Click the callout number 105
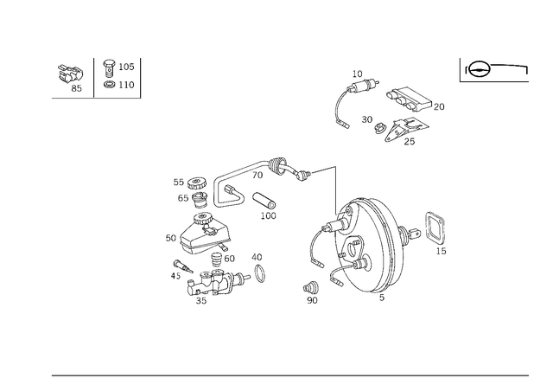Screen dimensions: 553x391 coord(126,67)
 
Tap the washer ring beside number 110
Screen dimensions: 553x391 coord(110,85)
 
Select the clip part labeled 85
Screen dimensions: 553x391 coord(71,74)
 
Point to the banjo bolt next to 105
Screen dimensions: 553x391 coord(109,68)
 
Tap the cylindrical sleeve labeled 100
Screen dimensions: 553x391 coord(264,201)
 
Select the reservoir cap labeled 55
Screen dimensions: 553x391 coord(196,183)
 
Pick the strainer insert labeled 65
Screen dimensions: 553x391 coord(200,201)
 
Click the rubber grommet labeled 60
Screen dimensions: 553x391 coord(216,260)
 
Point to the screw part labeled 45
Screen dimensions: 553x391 coord(182,266)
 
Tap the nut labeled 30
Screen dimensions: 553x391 coord(380,128)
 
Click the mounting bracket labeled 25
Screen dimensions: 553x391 coord(405,129)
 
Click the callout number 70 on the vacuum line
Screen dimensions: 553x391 coord(257,175)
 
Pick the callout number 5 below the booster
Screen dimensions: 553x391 coord(382,298)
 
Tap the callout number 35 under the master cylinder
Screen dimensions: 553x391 coord(201,300)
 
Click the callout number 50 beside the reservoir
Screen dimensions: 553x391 coord(171,238)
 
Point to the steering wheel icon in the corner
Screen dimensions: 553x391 coord(478,69)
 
